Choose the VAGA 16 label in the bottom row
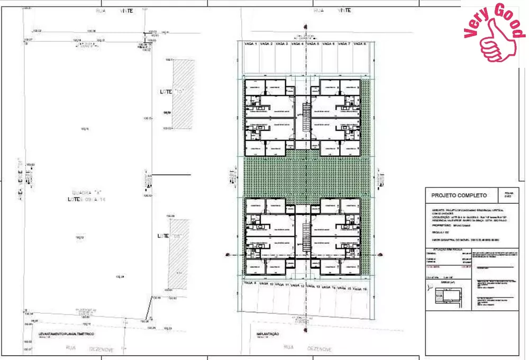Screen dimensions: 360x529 coord(361,289)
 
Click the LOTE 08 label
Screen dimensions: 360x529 coord(167,236)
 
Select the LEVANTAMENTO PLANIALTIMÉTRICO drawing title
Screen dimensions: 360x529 coord(66,334)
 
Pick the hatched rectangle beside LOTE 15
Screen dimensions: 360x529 coord(185,93)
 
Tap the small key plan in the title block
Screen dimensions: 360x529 coord(443,298)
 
